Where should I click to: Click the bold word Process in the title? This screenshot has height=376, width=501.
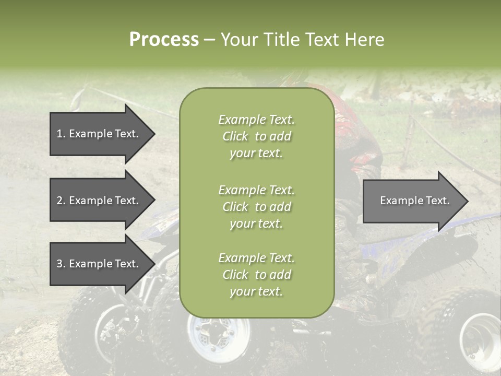coord(164,40)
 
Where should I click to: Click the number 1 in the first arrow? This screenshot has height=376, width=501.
coord(59,134)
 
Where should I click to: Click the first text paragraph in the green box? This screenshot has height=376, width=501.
coord(256,136)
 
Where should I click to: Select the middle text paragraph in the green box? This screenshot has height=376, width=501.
coord(256,207)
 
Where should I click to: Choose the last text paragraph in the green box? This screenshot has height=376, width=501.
coord(256,275)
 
